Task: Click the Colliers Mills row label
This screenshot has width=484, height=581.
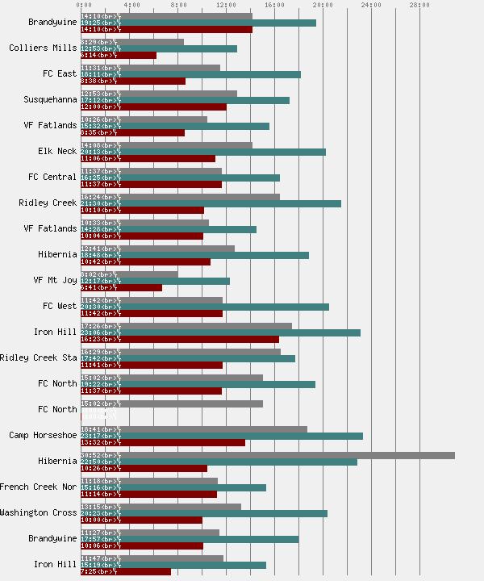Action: (x=43, y=48)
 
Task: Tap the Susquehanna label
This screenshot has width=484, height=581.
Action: (x=51, y=100)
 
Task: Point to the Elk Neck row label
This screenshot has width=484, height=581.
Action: (x=57, y=152)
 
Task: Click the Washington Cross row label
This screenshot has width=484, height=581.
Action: (x=39, y=513)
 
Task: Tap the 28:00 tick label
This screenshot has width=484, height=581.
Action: (x=419, y=5)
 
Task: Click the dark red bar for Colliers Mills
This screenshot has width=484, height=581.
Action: (x=119, y=55)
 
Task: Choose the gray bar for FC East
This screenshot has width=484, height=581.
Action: (x=150, y=68)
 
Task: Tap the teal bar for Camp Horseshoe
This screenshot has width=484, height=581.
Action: (x=222, y=436)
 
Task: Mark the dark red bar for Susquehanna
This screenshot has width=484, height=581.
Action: (x=153, y=107)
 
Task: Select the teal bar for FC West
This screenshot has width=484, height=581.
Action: (x=205, y=307)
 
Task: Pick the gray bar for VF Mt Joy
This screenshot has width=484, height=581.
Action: (x=129, y=274)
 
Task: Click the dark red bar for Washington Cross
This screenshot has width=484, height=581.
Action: (x=141, y=520)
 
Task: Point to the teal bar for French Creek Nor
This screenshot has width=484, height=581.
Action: (x=173, y=487)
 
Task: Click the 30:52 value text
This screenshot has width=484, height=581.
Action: (x=90, y=455)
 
